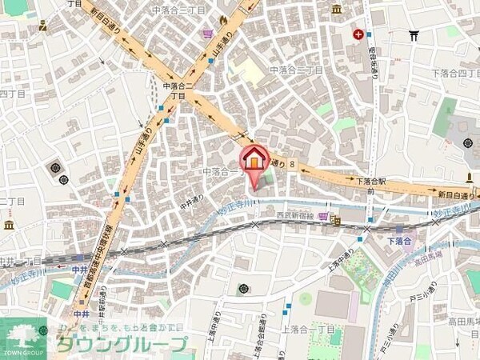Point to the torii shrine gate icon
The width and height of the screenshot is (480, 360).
click(414, 35)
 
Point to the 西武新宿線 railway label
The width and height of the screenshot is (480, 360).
click(297, 216)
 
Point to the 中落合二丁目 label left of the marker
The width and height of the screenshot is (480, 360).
click(222, 171)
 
